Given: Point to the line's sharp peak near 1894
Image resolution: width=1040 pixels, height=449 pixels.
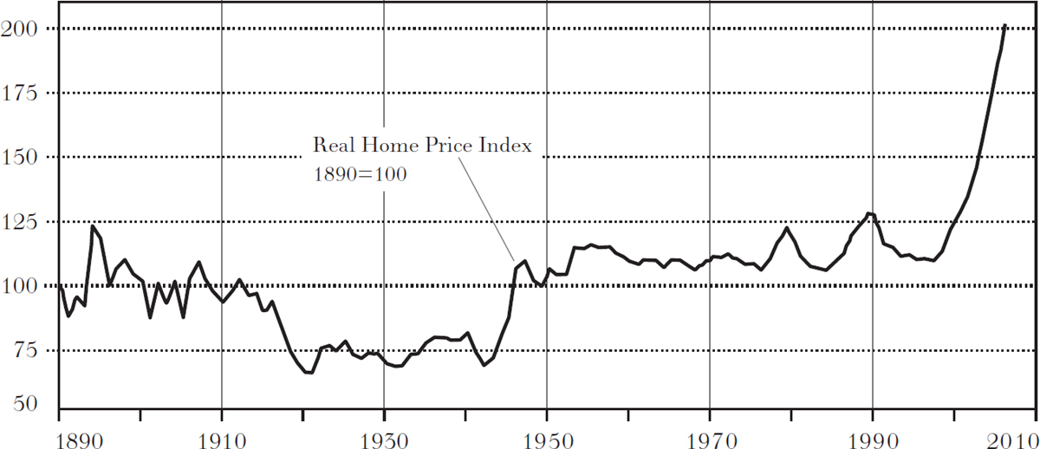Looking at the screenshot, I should pos(93,226).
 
